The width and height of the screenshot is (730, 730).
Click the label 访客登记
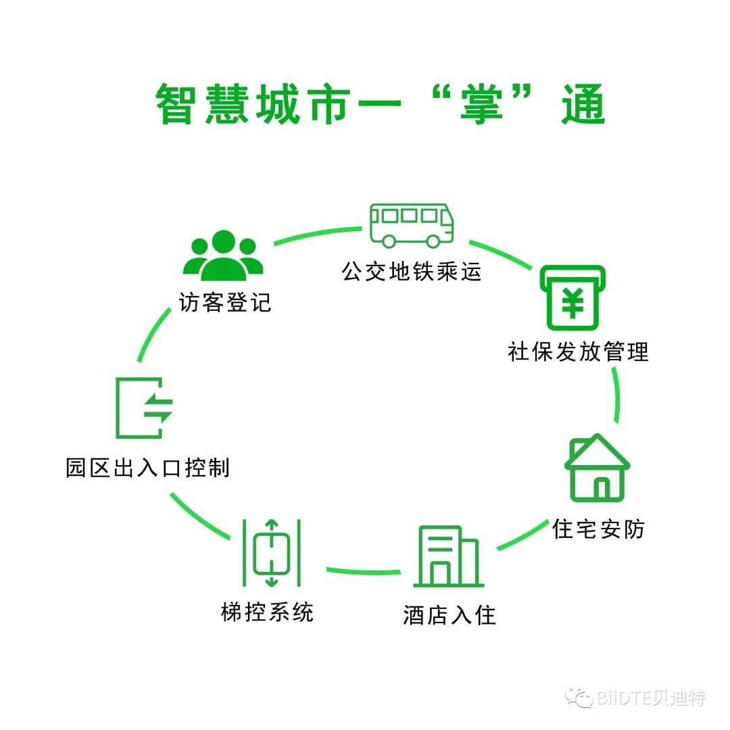225,301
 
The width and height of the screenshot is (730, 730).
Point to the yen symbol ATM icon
573,297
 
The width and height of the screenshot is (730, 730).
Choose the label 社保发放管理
578,351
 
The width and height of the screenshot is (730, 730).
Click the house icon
597,468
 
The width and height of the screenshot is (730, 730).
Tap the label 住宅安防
598,528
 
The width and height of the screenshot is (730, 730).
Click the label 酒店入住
449,615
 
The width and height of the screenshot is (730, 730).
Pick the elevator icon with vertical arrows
271,552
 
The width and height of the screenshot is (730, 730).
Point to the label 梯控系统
268,612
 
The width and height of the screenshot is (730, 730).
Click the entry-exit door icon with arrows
144,408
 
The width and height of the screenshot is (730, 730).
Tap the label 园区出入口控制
147,468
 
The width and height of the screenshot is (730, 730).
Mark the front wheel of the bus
433,240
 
